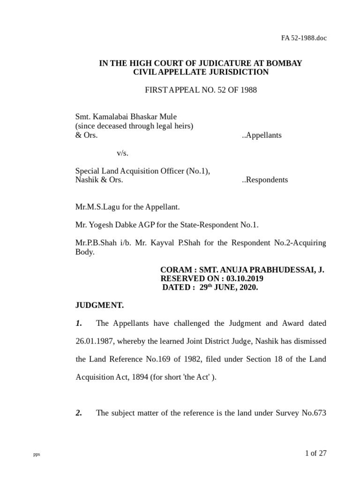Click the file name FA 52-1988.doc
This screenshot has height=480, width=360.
304,38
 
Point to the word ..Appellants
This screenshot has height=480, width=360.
262,135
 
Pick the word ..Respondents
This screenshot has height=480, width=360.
265,180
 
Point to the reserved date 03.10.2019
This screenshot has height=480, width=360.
248,279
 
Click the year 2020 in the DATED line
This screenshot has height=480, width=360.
248,288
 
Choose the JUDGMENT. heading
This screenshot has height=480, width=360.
99,305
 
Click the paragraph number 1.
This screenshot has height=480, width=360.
79,323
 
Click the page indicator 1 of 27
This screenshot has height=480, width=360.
315,453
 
